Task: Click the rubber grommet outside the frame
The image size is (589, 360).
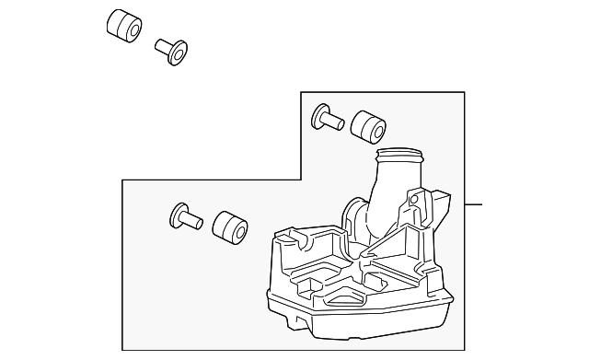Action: [x=123, y=26]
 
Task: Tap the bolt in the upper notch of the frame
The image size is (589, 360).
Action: [x=328, y=117]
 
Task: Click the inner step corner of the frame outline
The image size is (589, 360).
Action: [x=302, y=179]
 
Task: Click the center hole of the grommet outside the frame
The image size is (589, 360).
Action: [x=131, y=29]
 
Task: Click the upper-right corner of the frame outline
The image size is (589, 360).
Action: [x=464, y=92]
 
